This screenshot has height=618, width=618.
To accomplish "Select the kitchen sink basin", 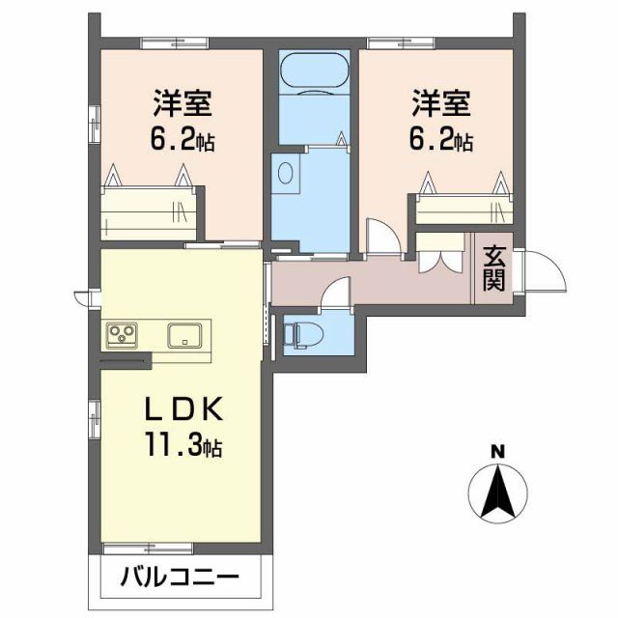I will point(184,335).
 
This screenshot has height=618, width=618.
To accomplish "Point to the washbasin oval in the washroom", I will point(285,173).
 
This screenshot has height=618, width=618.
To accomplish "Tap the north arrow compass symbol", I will point(496,492).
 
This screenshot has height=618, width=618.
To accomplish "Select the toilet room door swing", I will point(335,293).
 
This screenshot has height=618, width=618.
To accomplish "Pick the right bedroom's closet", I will point(463,207).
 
